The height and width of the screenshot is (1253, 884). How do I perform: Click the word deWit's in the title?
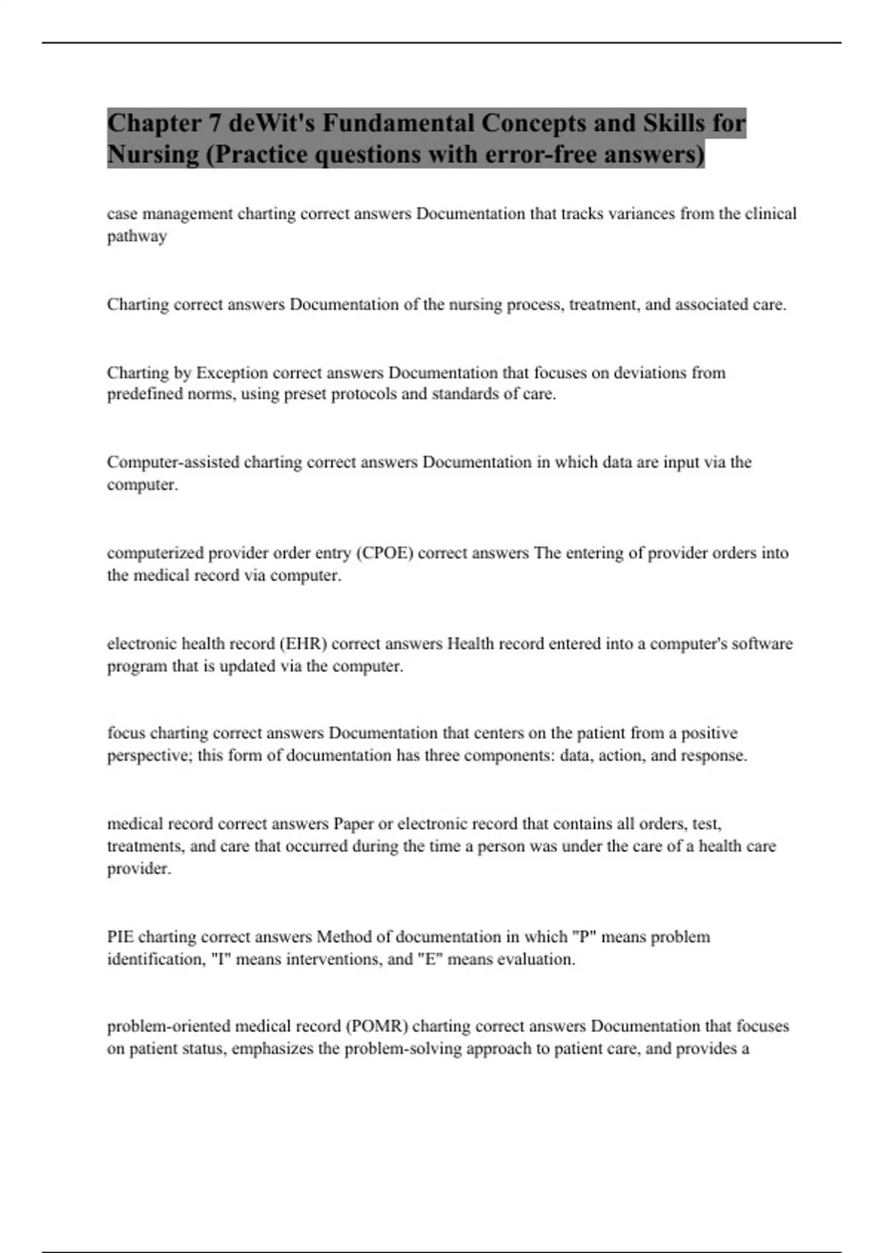coord(268,122)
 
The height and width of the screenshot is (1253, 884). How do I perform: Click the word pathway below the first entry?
coord(137,237)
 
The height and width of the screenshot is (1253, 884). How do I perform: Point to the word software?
coord(765,643)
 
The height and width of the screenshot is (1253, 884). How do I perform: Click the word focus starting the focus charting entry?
coord(126,733)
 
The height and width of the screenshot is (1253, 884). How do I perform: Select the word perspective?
coord(150,756)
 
